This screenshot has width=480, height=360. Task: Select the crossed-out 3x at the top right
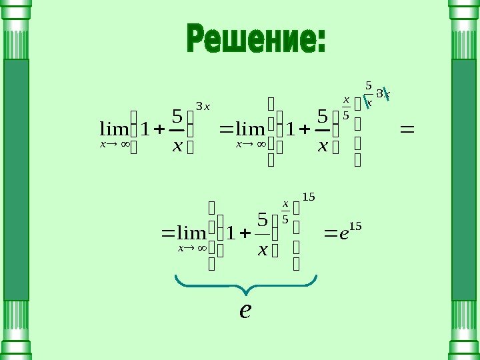point(383,94)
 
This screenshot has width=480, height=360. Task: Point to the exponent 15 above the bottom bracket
point(308,197)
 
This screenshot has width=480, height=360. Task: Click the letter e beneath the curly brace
point(245,310)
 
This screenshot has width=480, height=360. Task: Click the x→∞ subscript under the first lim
point(114,143)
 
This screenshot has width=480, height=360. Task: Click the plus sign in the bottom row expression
point(244,233)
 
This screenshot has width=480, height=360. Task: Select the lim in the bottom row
point(193,233)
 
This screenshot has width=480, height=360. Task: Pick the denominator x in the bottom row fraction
point(262,250)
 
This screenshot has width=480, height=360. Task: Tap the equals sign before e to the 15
point(331,233)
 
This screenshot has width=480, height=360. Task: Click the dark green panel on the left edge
point(15,179)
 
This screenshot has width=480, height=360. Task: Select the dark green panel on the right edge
point(465,179)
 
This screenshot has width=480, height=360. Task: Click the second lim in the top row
point(250,127)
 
